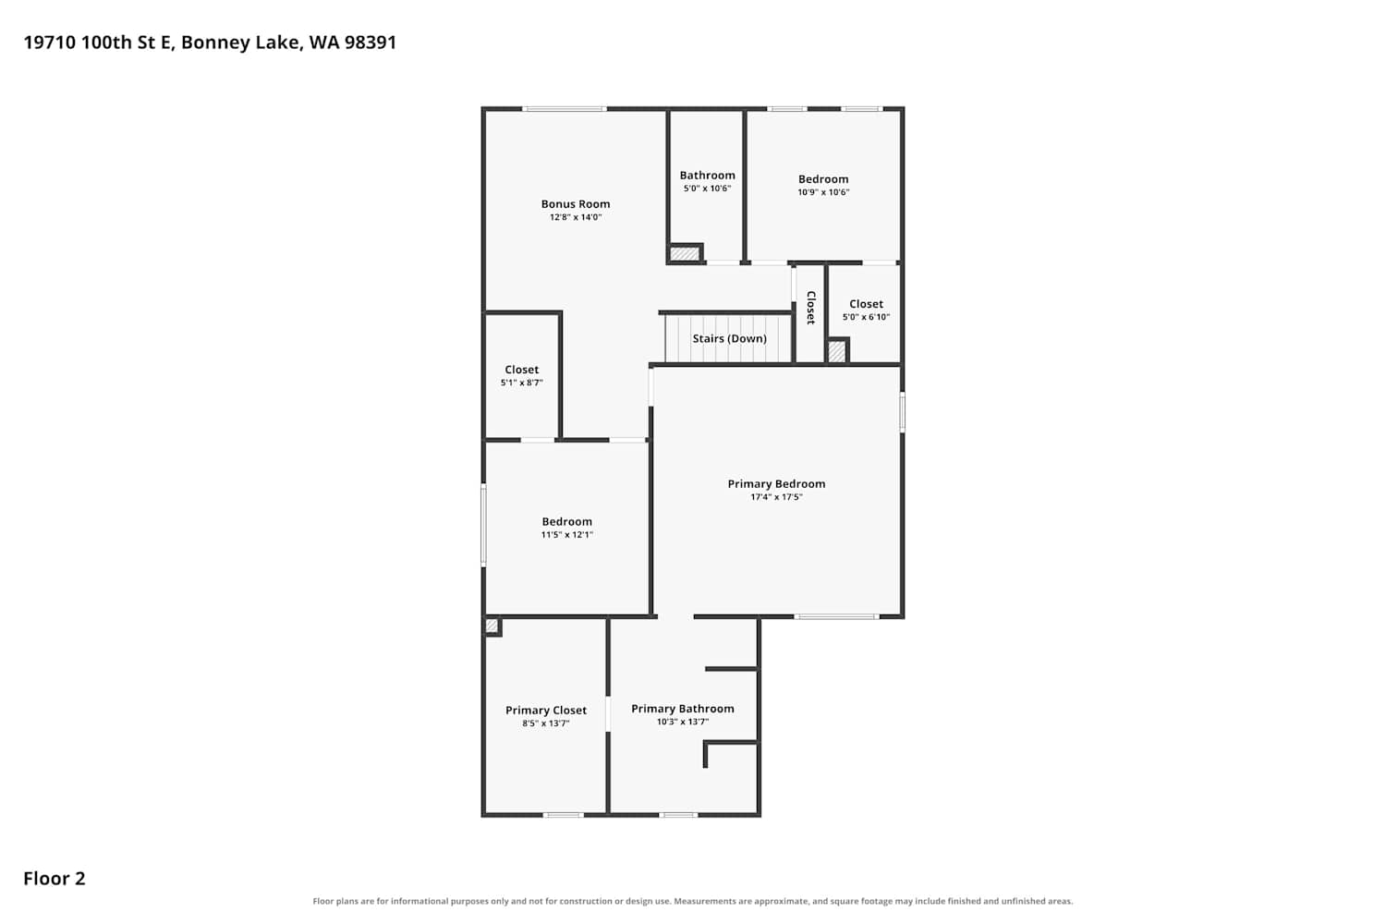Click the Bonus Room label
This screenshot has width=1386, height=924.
(576, 203)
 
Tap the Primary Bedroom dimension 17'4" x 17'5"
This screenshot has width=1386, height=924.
(776, 497)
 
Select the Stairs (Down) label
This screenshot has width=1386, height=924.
(730, 338)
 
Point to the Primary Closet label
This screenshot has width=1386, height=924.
(546, 711)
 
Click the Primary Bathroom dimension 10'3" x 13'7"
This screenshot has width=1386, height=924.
(683, 722)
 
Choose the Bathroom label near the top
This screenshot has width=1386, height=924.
(707, 176)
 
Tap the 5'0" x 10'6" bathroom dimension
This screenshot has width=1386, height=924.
(707, 188)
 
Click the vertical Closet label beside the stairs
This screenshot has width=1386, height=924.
(810, 308)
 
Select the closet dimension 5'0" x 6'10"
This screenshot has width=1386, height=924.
(866, 317)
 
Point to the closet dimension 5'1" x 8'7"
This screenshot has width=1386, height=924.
(522, 383)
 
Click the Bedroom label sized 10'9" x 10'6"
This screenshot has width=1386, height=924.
(823, 179)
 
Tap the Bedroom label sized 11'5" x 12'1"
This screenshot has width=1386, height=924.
(566, 522)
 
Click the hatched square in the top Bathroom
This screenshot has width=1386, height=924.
(685, 254)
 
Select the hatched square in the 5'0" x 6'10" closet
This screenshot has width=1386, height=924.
(836, 351)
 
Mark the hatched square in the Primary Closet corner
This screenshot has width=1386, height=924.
(492, 626)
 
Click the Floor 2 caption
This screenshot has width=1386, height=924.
(55, 878)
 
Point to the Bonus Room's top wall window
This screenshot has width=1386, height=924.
(565, 109)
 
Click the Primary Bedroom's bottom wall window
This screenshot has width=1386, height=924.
(836, 616)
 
